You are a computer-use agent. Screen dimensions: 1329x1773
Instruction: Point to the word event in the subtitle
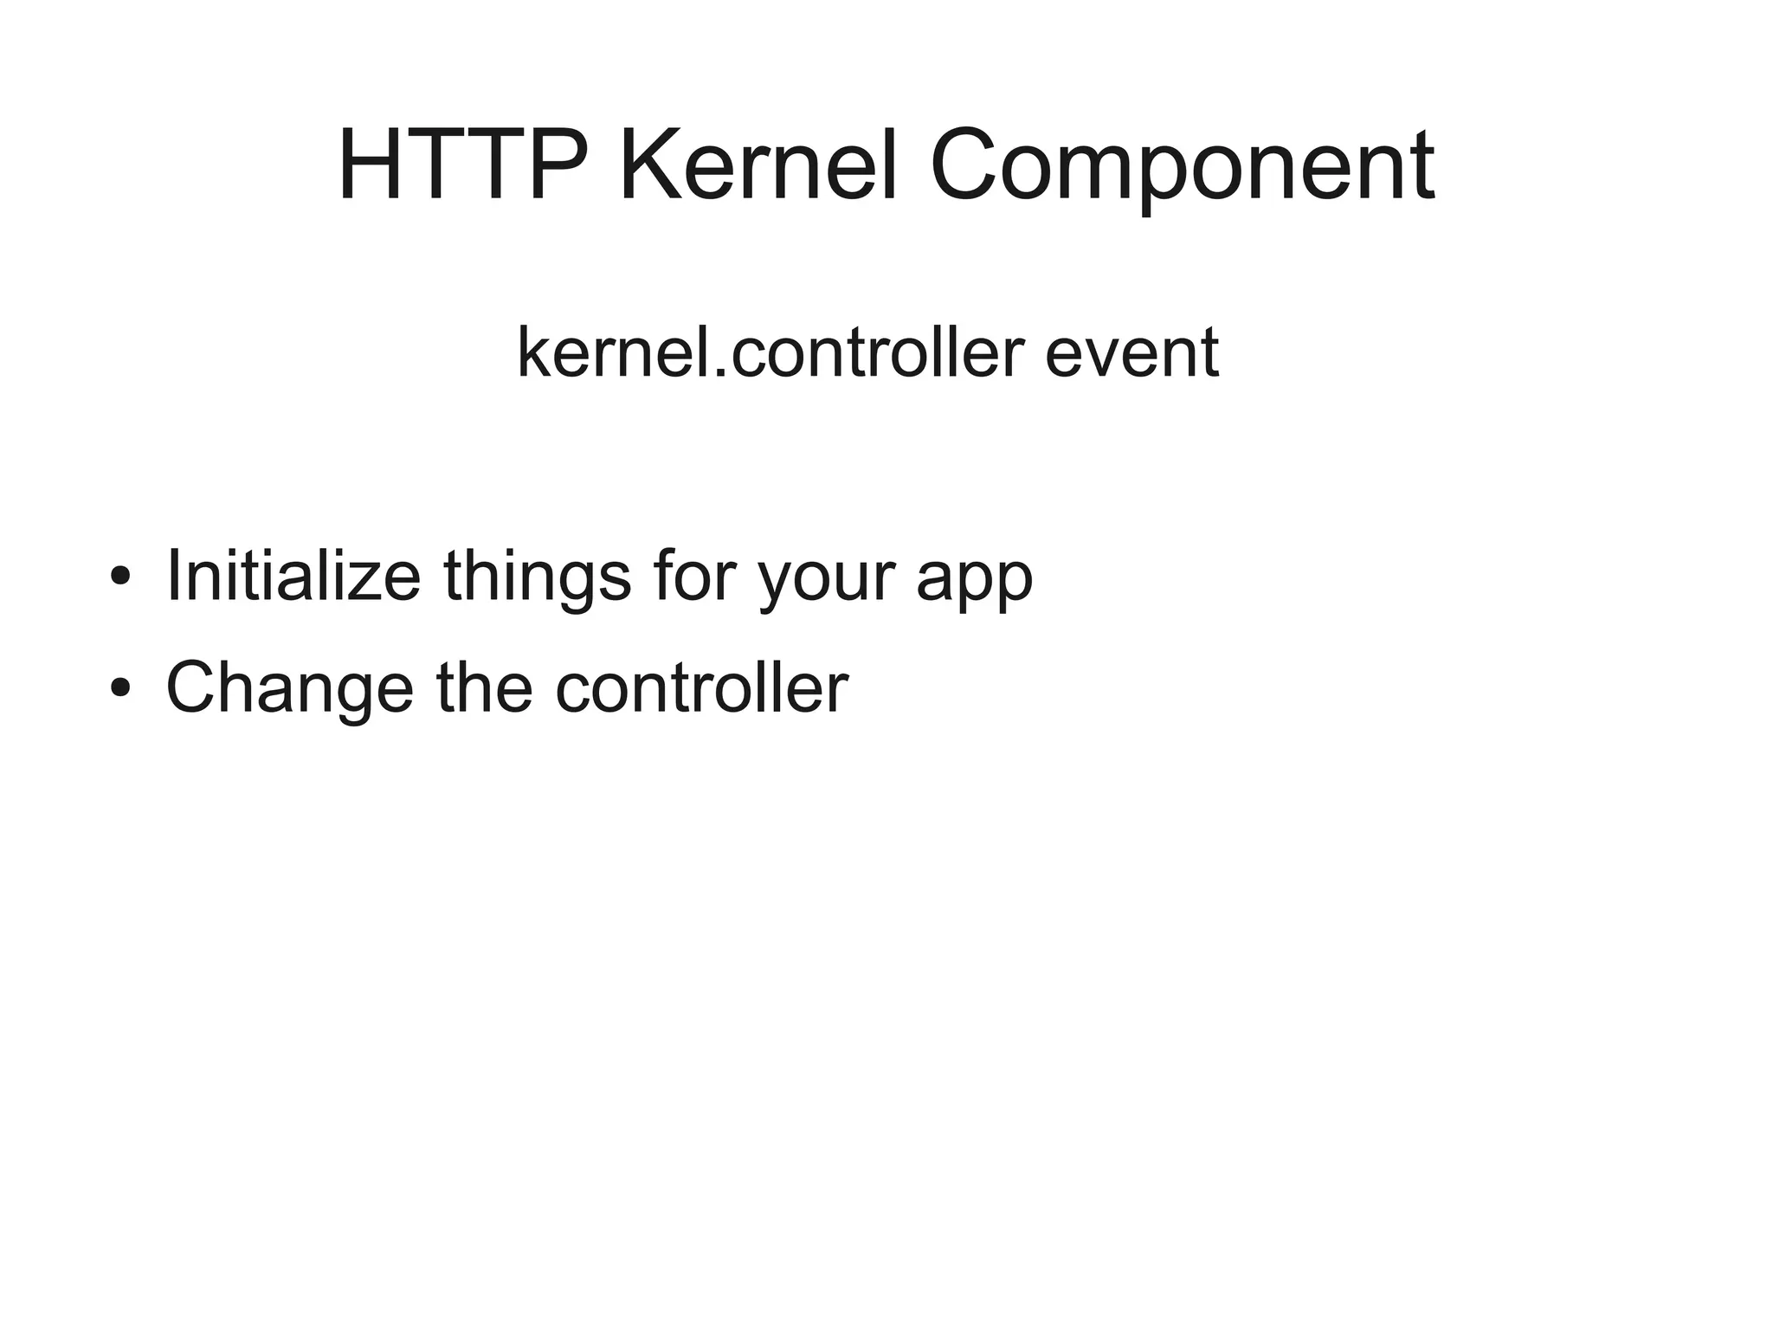coord(1131,354)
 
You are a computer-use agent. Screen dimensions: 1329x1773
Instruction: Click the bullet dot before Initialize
coord(120,576)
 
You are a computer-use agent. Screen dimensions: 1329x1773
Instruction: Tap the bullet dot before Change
coord(120,687)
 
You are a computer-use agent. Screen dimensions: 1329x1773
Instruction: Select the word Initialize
coord(293,576)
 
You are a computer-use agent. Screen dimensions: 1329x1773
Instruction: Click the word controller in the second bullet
coord(700,687)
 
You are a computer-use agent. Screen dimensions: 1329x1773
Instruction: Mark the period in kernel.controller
coord(720,374)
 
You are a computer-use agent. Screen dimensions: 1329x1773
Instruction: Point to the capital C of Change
coord(193,687)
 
